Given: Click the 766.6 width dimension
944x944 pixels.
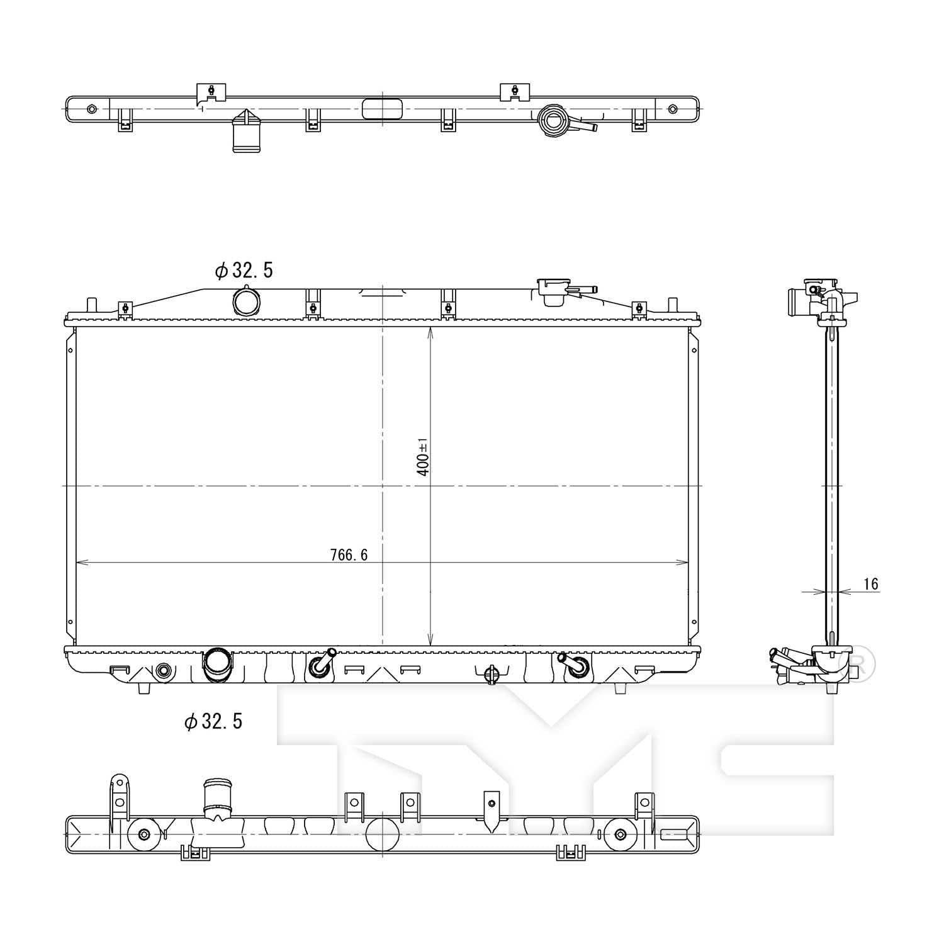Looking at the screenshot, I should coord(349,554).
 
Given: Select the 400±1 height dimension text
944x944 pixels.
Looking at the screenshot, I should coord(423,457).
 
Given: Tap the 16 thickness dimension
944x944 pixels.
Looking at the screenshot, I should coord(870,584).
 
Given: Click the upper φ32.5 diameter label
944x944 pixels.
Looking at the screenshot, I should coord(244,271).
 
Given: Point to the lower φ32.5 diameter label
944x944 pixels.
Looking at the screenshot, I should coord(213,721).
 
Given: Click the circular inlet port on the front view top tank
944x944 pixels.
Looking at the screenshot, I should coord(245,301).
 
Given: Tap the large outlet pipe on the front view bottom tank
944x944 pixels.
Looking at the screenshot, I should coord(216,663).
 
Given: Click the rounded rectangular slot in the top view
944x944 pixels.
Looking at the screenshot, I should coord(383,108).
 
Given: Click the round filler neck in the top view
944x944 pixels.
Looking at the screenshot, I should coord(553,120).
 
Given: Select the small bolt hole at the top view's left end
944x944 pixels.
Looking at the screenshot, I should coord(92,109).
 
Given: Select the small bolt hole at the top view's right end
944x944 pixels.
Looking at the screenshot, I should coord(672,109).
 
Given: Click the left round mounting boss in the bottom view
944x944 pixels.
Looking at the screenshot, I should coord(144,834).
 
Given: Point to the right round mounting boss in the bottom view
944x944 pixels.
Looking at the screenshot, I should coord(621,834).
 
